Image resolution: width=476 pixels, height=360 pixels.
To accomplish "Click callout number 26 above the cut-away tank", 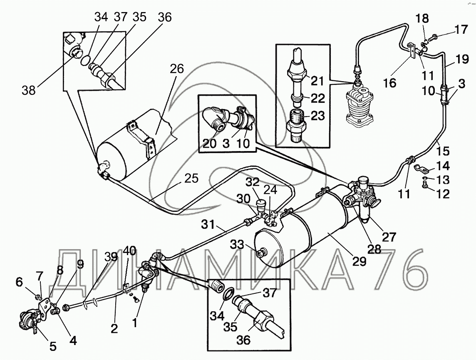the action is tap(177, 69).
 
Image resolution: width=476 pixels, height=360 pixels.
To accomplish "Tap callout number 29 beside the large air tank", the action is tap(359, 261).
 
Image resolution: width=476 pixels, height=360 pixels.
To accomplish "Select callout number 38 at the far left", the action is tap(29, 90).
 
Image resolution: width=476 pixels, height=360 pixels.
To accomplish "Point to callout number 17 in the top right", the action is tap(461, 30).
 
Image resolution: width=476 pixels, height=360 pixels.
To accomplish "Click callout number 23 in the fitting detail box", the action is tap(317, 116).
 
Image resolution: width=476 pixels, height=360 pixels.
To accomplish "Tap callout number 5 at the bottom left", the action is tap(53, 346).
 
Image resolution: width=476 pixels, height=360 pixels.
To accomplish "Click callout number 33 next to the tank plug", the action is tap(237, 244).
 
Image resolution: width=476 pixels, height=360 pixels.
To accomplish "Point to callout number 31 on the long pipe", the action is tap(208, 225).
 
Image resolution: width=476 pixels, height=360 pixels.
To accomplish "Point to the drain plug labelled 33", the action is tap(261, 253).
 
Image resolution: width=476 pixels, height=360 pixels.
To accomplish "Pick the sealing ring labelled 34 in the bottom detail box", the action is tap(228, 295).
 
